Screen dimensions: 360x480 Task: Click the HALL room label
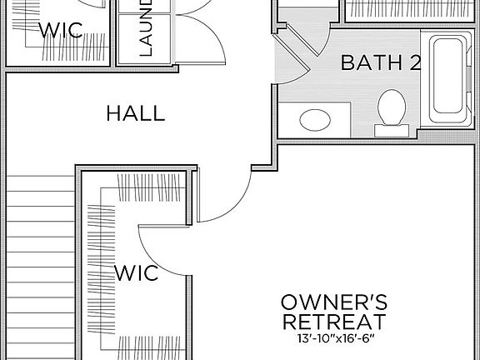135,113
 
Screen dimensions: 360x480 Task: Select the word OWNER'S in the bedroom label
332,302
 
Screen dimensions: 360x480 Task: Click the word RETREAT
332,322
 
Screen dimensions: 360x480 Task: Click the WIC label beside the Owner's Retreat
136,272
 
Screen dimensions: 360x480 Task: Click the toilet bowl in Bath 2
392,107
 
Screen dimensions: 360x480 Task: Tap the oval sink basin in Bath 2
314,119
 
